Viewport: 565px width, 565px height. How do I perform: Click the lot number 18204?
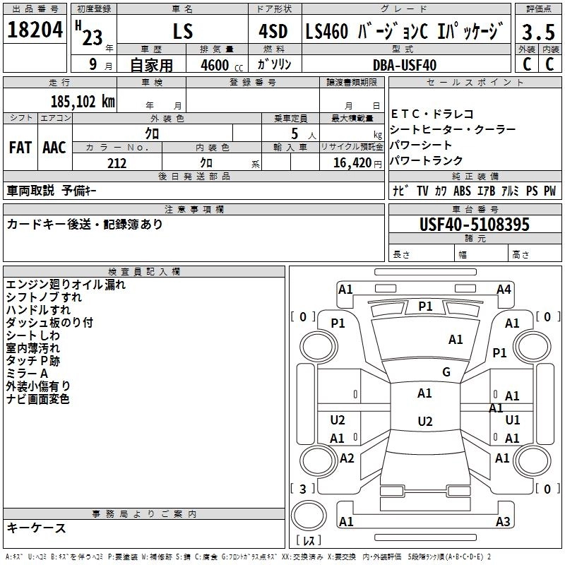point(35,30)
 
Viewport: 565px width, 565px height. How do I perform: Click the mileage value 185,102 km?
point(82,101)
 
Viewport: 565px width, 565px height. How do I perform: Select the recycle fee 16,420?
point(351,163)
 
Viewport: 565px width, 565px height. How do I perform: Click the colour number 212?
point(117,163)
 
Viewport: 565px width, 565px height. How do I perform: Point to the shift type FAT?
point(20,147)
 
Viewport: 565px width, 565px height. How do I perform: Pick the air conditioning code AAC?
point(54,147)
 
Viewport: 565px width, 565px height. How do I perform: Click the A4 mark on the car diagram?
point(504,289)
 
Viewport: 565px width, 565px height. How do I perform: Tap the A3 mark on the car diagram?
point(502,522)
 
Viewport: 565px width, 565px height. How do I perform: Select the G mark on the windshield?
point(446,372)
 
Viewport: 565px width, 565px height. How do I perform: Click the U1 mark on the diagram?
point(513,420)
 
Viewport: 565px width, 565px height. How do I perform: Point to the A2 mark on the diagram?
point(347,458)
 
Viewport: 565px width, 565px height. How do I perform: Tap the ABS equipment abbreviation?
point(462,191)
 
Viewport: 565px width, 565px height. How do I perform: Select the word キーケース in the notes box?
point(36,528)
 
